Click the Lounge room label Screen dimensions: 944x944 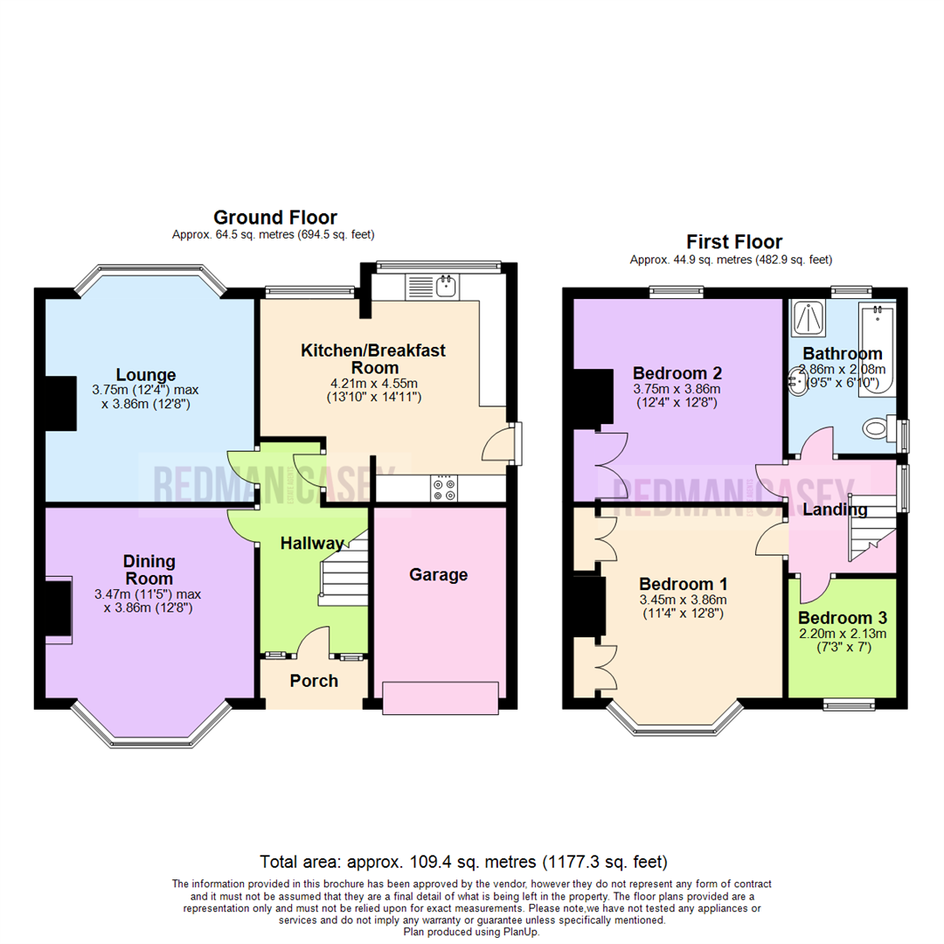(x=148, y=375)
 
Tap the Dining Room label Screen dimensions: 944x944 (x=149, y=570)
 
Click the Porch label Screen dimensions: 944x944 (x=314, y=681)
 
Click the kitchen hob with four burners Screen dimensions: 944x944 (x=442, y=489)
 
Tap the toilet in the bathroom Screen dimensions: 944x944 (x=877, y=428)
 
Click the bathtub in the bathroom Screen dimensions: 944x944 (x=876, y=349)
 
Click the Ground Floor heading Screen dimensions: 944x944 (x=275, y=218)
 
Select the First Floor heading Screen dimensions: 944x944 (x=733, y=242)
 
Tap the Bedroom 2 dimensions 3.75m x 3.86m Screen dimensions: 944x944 (x=677, y=389)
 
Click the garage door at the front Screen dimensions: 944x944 (x=441, y=698)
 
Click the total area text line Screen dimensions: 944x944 (x=472, y=861)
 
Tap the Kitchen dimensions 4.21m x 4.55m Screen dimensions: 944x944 (x=373, y=382)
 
